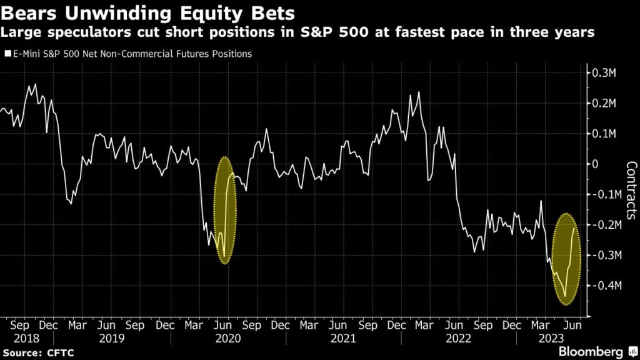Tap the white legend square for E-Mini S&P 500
(x=7, y=54)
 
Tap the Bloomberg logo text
(x=591, y=352)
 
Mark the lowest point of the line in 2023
(x=565, y=297)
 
